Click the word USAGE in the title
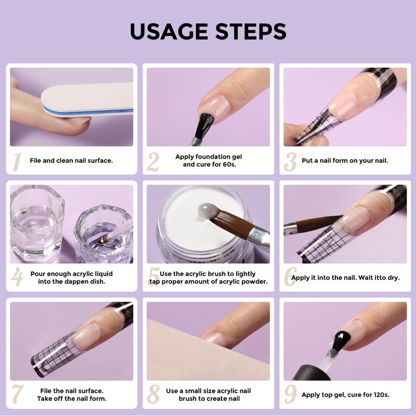click(x=168, y=31)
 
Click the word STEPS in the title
click(x=251, y=31)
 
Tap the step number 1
click(x=17, y=162)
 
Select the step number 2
click(x=153, y=162)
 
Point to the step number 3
click(x=290, y=162)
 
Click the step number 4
click(x=17, y=277)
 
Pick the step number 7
click(x=18, y=394)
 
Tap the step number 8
click(x=153, y=394)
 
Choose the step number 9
click(x=291, y=394)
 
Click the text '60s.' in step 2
click(x=229, y=164)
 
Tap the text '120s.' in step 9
click(x=381, y=395)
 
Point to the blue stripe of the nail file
click(x=87, y=112)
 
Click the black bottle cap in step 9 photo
click(x=311, y=373)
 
